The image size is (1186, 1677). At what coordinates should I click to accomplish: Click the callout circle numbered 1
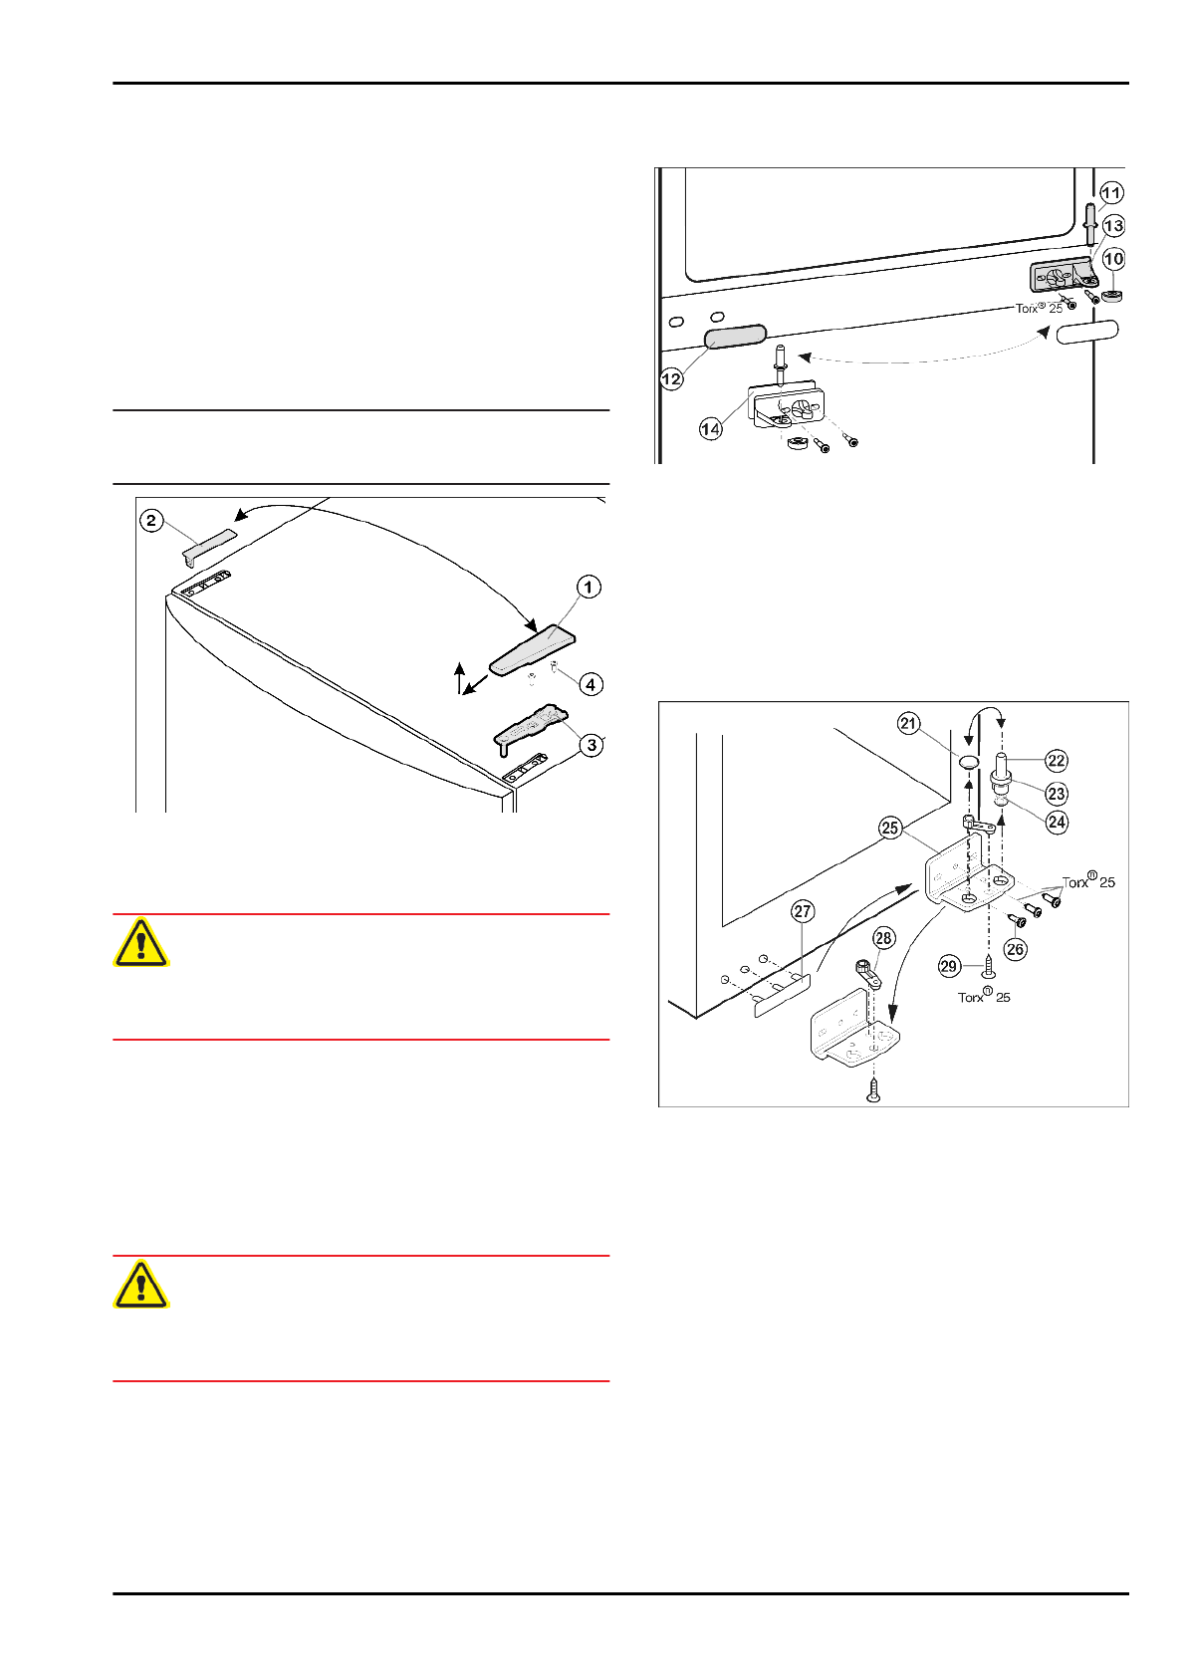click(589, 587)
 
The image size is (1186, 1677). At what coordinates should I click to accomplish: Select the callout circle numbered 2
click(151, 520)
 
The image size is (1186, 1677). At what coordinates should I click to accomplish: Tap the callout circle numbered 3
click(592, 744)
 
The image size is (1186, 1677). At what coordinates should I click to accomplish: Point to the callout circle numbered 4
click(591, 684)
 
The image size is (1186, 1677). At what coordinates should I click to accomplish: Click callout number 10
click(1113, 259)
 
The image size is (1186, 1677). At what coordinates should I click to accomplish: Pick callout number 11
click(1111, 193)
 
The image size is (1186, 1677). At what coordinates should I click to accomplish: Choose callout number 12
click(671, 378)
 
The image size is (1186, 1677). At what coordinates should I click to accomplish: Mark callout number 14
click(710, 429)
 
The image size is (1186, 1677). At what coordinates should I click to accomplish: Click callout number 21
click(908, 724)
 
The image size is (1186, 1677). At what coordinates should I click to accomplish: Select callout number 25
click(889, 828)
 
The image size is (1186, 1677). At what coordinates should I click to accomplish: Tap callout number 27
click(804, 910)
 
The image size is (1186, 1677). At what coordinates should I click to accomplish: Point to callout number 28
click(883, 937)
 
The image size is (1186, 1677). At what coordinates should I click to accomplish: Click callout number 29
click(949, 965)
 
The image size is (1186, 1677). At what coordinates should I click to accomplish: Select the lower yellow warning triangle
click(141, 1285)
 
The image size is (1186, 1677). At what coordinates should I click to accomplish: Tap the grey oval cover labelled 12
click(736, 336)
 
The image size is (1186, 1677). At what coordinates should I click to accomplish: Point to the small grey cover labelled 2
click(209, 545)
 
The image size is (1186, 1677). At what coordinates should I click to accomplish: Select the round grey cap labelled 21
click(970, 762)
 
